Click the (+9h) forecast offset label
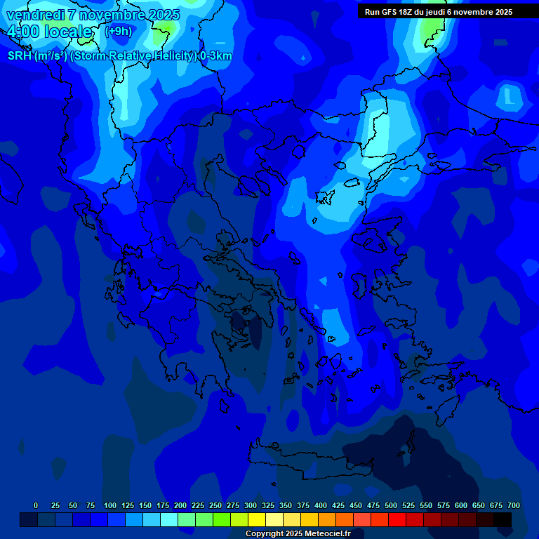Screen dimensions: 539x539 [x=117, y=31]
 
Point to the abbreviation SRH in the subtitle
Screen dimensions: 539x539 [x=20, y=56]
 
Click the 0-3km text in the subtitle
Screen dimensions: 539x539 [x=215, y=56]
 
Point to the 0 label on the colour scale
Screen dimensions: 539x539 [x=36, y=505]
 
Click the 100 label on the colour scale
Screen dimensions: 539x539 [x=109, y=505]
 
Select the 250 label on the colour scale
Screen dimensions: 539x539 [x=215, y=505]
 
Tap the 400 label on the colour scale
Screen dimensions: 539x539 [x=320, y=505]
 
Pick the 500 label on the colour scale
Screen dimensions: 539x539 [x=390, y=505]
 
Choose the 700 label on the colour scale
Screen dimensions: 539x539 [x=513, y=505]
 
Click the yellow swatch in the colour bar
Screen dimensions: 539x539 [x=256, y=520]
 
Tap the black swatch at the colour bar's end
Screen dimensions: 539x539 [x=503, y=520]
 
